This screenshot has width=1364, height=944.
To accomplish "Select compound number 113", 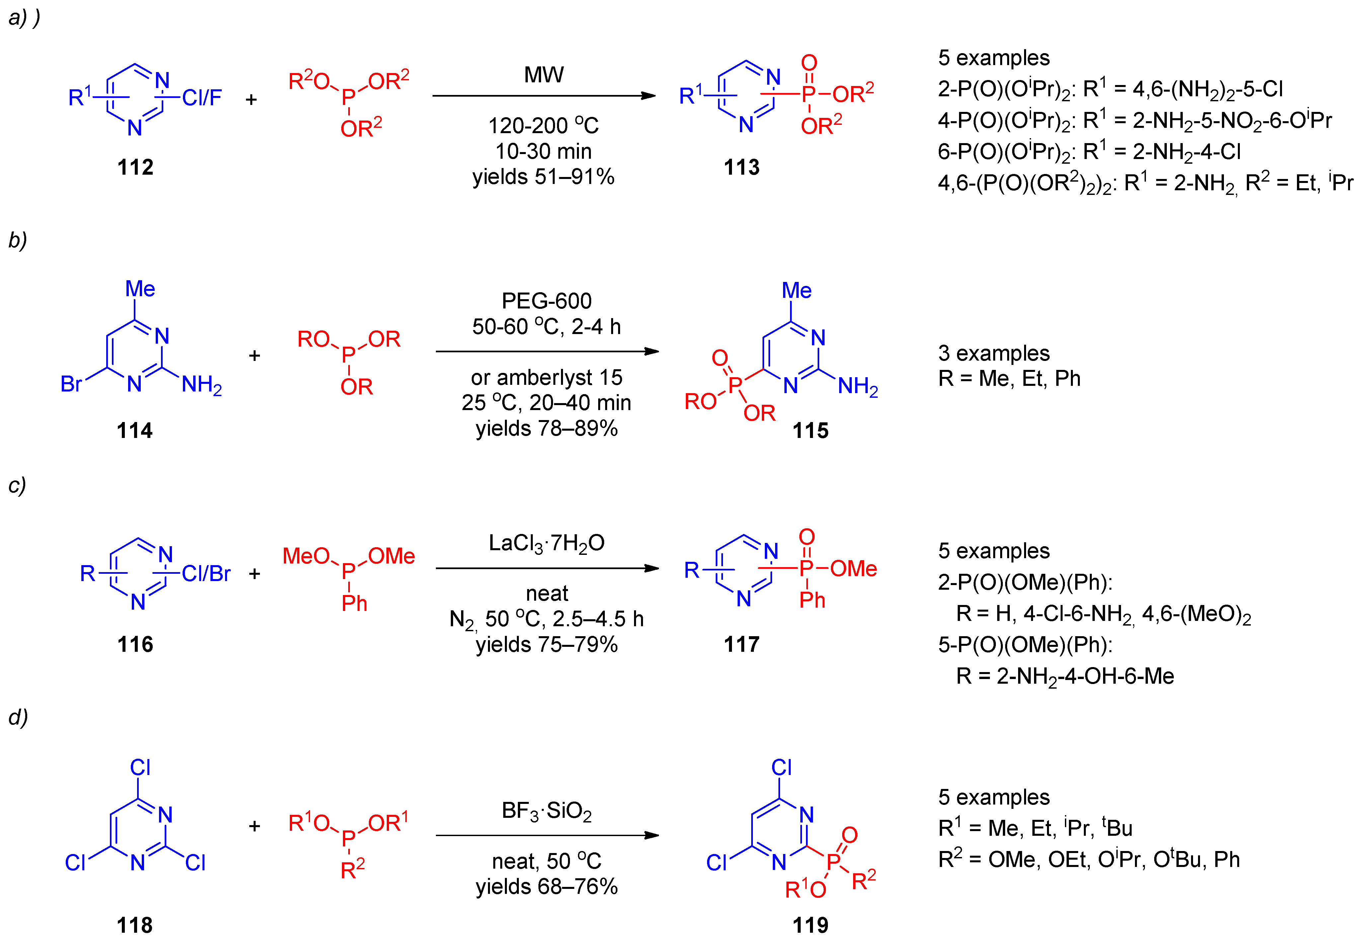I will click(x=742, y=167).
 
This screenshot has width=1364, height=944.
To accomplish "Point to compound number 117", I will click(x=742, y=644).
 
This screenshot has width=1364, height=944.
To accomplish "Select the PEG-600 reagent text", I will click(x=546, y=301).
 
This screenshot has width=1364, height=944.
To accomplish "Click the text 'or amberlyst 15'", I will click(x=546, y=377).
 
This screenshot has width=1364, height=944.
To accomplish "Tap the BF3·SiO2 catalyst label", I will click(x=546, y=811).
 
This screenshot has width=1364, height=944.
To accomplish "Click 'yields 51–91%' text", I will click(x=543, y=177).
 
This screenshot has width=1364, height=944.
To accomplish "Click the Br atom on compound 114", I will click(x=71, y=385).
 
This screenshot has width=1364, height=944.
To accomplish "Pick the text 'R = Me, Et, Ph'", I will click(x=1009, y=379).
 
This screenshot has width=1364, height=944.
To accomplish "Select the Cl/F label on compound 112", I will click(x=201, y=98).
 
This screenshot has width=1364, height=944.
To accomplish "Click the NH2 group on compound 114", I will click(x=201, y=385).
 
